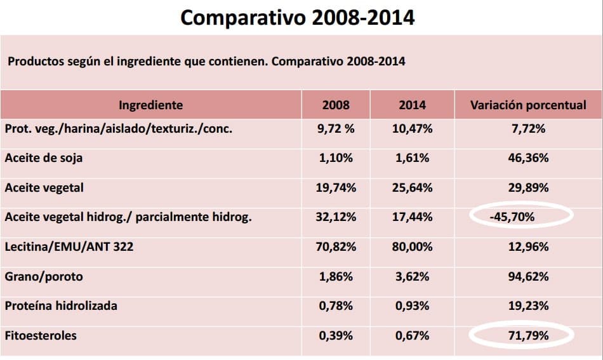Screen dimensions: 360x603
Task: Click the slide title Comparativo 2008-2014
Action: [x=298, y=18]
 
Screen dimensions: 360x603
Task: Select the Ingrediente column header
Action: [x=151, y=105]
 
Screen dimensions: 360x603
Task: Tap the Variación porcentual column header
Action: [x=528, y=105]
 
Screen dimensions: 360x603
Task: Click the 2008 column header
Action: [x=336, y=105]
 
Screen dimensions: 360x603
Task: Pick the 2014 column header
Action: [x=413, y=105]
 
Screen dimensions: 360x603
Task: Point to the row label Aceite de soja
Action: [x=43, y=158]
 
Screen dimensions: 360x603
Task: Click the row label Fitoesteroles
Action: [x=41, y=335]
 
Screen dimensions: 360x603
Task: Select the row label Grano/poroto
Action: [x=44, y=276]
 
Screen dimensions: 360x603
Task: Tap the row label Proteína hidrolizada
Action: [x=61, y=305]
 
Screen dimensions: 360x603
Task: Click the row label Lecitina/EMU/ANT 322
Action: [x=69, y=246]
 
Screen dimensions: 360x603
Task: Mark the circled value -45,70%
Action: [x=512, y=217]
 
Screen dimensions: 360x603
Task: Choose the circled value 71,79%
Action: [x=528, y=335]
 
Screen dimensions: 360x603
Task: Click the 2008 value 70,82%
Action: [x=336, y=246]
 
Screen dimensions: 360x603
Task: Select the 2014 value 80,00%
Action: [x=413, y=246]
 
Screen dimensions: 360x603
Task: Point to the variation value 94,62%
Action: [x=528, y=276]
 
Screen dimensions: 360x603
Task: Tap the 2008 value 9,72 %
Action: [x=336, y=128]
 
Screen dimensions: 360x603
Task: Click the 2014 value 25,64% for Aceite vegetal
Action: [x=413, y=187]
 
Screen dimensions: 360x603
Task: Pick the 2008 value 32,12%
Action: [x=336, y=217]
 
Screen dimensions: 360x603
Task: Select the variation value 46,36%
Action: [x=528, y=158]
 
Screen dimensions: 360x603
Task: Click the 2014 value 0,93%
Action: [x=413, y=305]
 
